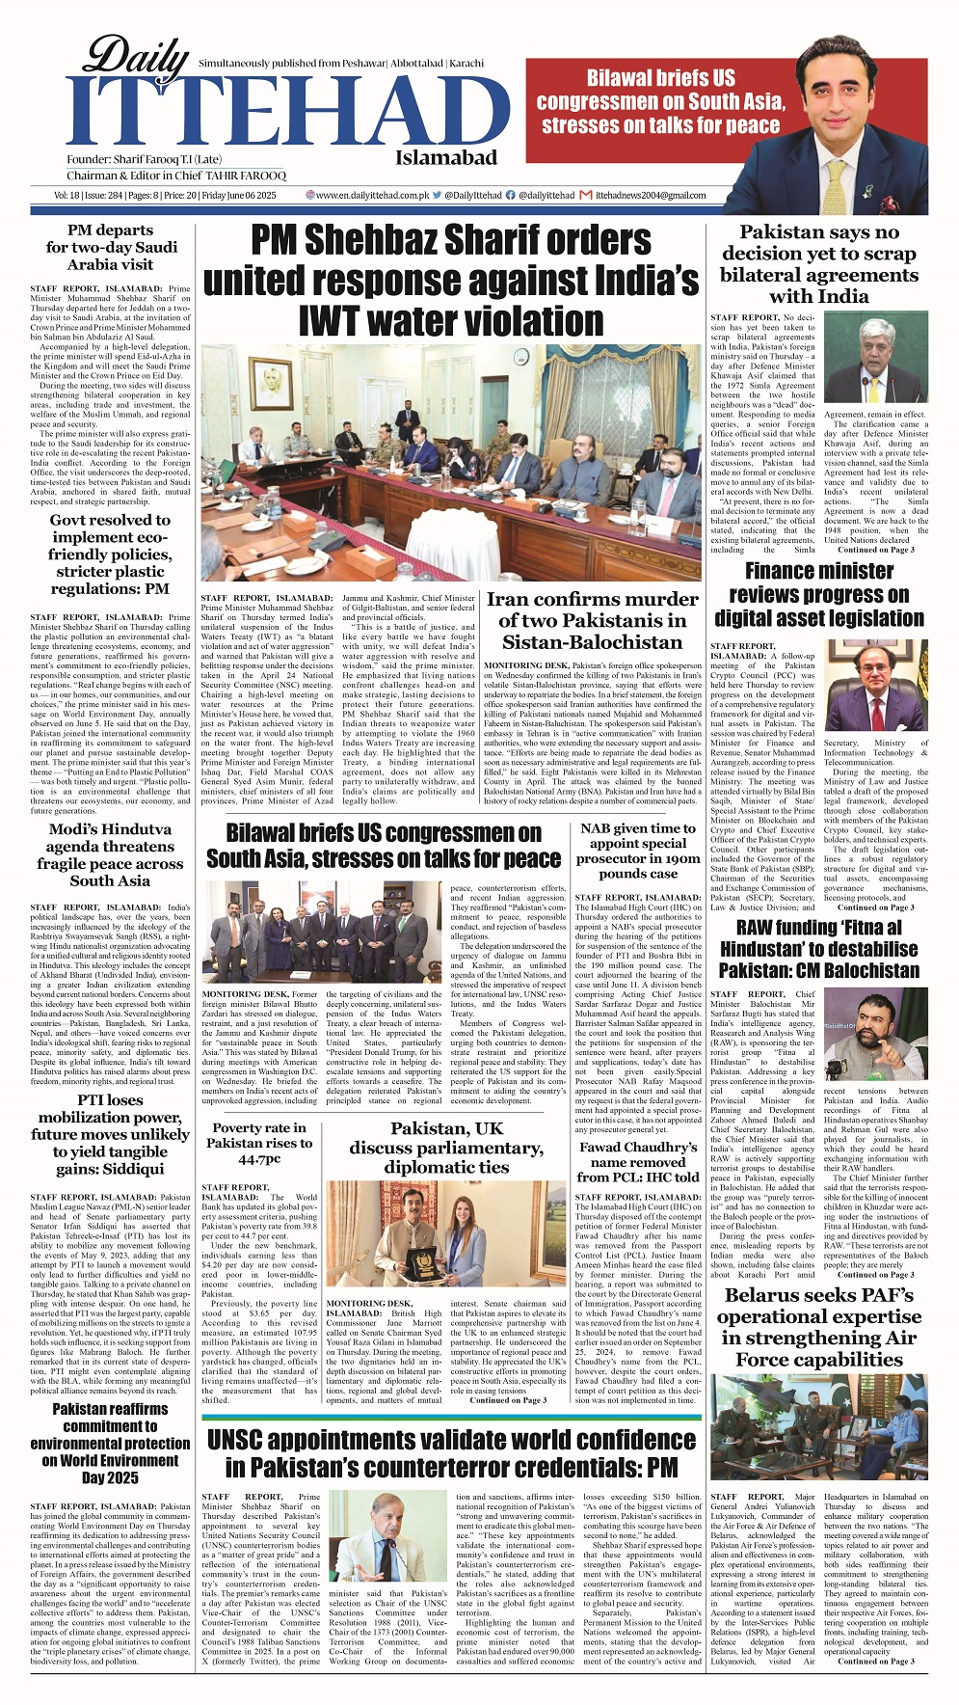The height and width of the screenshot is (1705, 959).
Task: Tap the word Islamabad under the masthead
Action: click(445, 158)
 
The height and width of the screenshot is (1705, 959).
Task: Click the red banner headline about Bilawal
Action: click(661, 101)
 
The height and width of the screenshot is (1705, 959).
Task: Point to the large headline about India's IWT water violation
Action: click(450, 280)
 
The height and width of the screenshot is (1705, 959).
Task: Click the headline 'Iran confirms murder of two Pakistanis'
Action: click(592, 621)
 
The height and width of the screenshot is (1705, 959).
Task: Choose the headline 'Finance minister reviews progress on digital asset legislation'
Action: click(818, 594)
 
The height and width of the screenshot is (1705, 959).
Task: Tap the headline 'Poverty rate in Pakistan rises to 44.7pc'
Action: click(259, 1143)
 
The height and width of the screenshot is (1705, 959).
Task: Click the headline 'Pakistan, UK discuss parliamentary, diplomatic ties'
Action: click(446, 1148)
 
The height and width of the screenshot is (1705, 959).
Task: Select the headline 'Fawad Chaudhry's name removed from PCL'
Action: click(638, 1162)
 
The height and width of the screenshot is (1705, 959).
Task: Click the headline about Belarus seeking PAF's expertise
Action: click(818, 1327)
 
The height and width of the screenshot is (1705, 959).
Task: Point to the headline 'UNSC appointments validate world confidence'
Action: click(451, 1453)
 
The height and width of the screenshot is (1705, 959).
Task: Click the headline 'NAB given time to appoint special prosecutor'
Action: click(638, 851)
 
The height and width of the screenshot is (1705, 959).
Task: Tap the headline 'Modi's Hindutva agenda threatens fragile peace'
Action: click(110, 854)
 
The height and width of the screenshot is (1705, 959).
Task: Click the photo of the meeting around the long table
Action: click(451, 463)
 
